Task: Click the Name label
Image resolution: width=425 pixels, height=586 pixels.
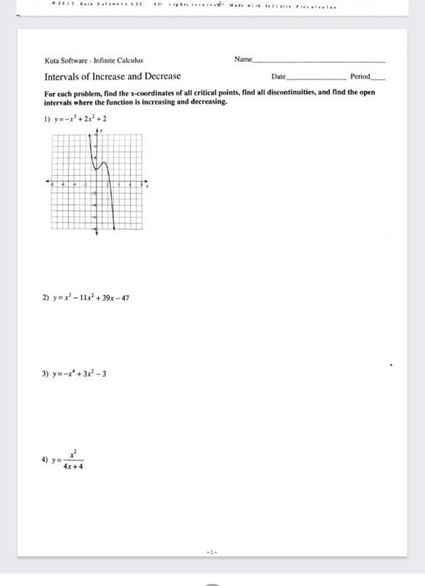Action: click(243, 60)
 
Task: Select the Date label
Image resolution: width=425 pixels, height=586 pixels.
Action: click(279, 76)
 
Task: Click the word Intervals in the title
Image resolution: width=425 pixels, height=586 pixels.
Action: click(61, 76)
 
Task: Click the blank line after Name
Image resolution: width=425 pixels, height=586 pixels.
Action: click(319, 62)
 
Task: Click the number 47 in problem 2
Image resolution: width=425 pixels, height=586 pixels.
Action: click(126, 297)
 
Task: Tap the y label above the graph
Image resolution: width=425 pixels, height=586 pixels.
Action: click(102, 131)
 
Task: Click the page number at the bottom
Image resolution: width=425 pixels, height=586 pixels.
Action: click(213, 551)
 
